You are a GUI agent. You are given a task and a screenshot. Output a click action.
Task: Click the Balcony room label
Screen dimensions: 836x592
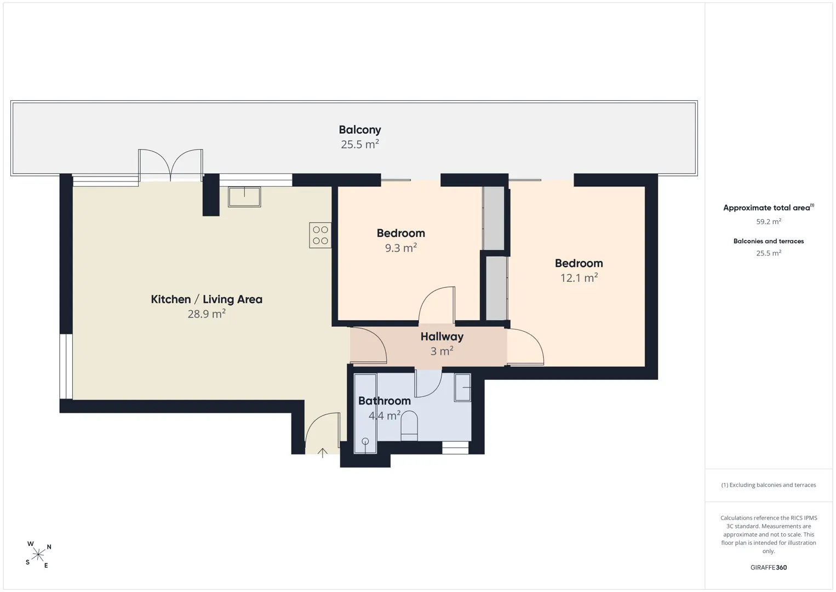(x=360, y=129)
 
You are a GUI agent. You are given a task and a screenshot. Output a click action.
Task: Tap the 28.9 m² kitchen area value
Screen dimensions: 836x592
(x=207, y=314)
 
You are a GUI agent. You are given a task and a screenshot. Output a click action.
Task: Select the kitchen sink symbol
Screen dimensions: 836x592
(x=244, y=197)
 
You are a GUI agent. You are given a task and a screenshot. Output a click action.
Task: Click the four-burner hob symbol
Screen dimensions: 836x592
(x=320, y=235)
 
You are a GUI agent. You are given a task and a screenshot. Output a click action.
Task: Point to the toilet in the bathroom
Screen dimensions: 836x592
(x=409, y=426)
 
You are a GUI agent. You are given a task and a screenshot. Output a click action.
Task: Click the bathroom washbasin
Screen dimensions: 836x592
(x=463, y=388)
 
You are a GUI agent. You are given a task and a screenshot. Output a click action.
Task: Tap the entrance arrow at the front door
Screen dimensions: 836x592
(x=323, y=453)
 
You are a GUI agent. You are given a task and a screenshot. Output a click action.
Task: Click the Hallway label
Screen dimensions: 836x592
(x=442, y=337)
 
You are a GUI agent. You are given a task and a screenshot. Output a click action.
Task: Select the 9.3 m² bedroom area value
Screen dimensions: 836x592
(x=401, y=248)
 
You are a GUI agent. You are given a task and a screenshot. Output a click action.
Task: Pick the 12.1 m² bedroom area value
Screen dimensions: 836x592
(x=579, y=278)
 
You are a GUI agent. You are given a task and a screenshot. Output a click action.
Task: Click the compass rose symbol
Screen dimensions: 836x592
(x=38, y=555)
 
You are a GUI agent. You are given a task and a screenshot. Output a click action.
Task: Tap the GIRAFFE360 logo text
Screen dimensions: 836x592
(x=769, y=567)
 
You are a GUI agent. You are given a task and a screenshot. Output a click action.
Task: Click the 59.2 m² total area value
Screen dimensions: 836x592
(x=769, y=221)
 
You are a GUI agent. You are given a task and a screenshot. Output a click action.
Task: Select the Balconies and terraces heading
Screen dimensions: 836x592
(x=769, y=241)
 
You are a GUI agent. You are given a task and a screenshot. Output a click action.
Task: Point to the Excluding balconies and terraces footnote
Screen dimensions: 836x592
(x=769, y=485)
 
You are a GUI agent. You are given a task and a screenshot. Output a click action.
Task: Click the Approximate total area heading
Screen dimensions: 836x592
(x=769, y=208)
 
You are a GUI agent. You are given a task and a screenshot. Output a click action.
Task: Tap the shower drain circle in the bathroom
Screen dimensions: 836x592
(x=365, y=441)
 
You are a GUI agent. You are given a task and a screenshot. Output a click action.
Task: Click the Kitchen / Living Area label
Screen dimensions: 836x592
(x=207, y=299)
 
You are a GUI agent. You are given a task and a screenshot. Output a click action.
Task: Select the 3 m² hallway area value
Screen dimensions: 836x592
(x=442, y=351)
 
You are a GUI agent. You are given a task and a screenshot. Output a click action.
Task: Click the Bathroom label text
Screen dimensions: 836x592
(x=385, y=401)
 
